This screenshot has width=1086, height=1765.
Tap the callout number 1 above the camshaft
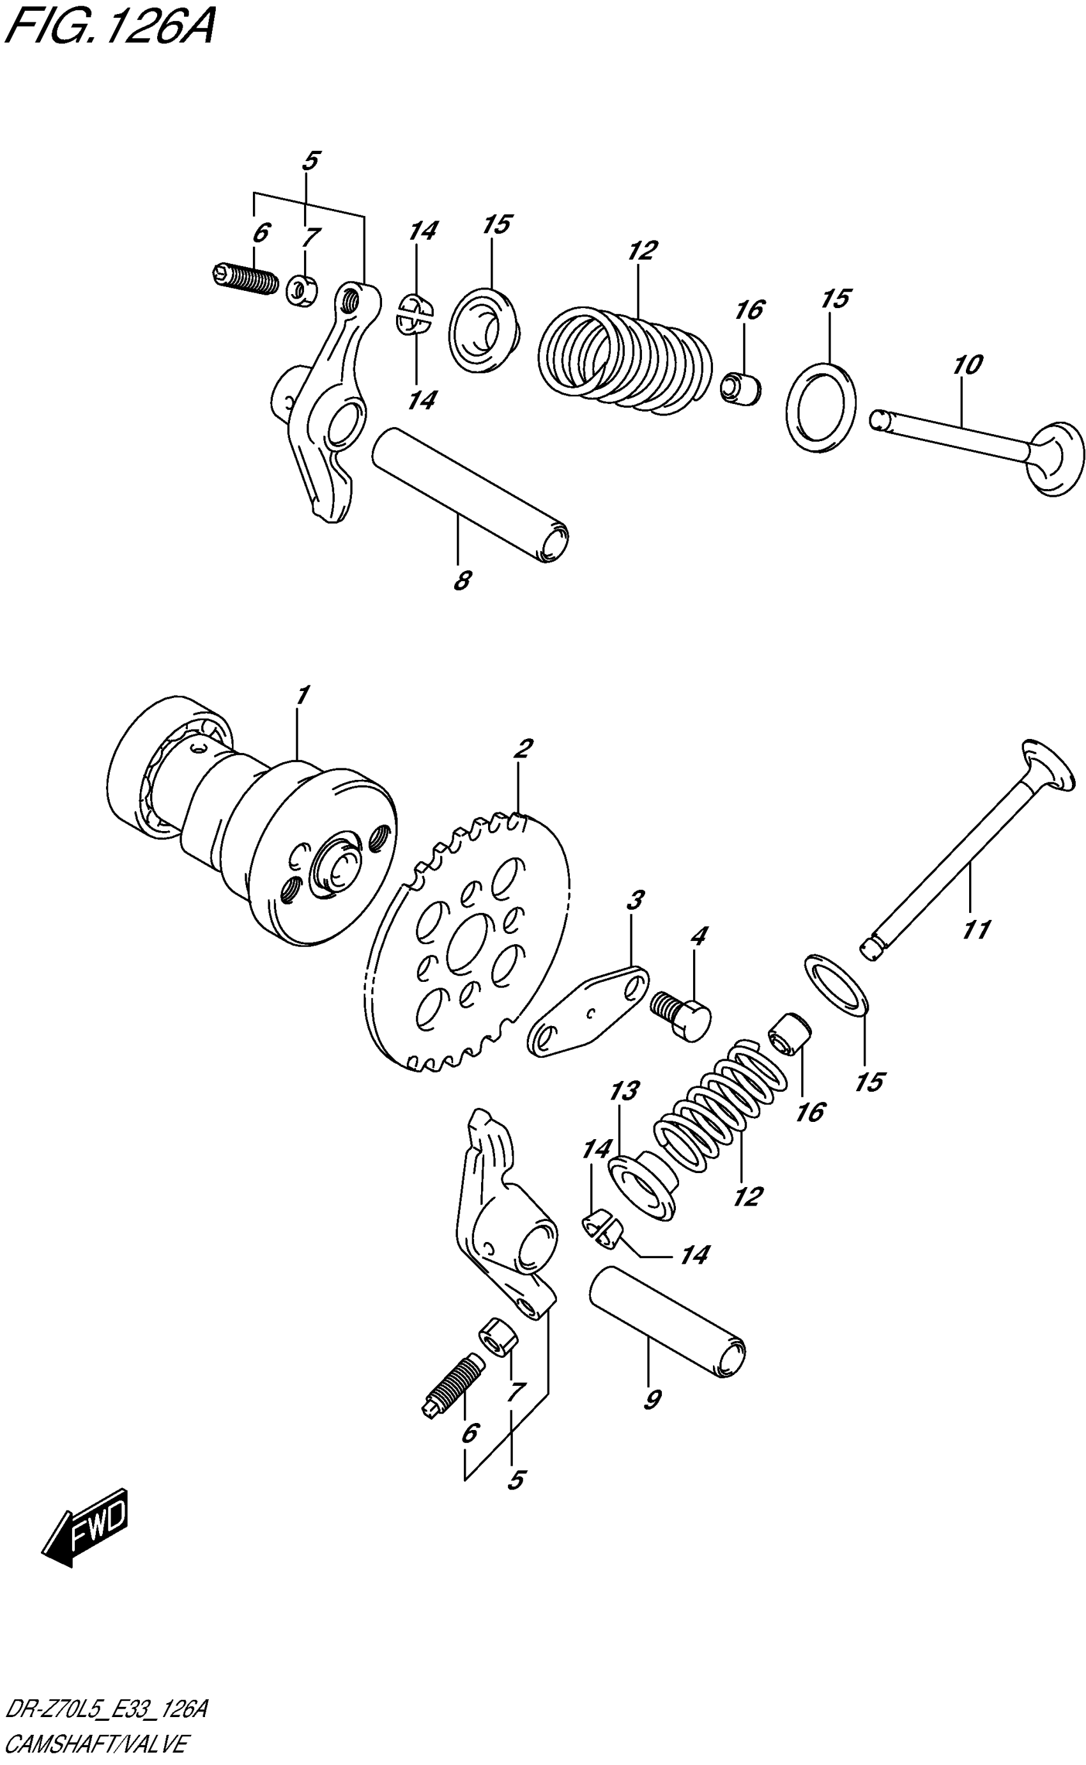coord(302,696)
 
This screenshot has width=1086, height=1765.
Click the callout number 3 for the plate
coord(634,899)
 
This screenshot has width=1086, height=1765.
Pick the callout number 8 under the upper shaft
coord(463,580)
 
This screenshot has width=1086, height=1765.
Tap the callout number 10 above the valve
coord(967,365)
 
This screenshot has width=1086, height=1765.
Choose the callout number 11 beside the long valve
coord(976,929)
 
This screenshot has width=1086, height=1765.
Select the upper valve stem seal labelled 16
coord(740,389)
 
